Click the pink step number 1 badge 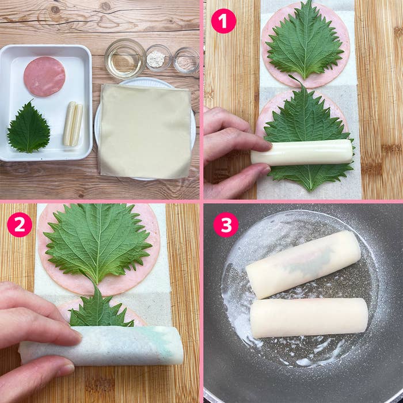tap(223, 21)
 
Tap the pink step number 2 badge tap(20, 225)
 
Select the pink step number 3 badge tap(226, 225)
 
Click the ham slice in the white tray tap(44, 77)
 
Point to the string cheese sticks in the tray tap(73, 124)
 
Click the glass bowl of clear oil tap(125, 58)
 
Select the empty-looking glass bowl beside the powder tap(186, 60)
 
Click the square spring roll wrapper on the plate tap(145, 131)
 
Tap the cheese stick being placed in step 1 tap(302, 153)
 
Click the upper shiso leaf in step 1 tap(305, 43)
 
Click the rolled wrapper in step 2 tap(101, 345)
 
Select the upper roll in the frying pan tap(303, 265)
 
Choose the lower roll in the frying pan tap(309, 318)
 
